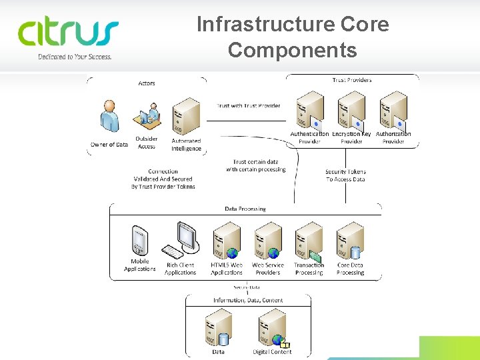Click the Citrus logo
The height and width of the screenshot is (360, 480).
point(68,33)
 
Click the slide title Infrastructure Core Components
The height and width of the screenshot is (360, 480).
point(293,37)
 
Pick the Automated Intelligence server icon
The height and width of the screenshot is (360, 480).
point(186,117)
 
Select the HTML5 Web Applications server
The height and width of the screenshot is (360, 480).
point(227,240)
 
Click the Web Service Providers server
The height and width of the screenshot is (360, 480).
point(268,240)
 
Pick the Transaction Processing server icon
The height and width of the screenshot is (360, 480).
point(309,240)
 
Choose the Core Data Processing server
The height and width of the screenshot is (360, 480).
point(350,240)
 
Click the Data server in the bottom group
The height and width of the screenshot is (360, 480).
point(218,327)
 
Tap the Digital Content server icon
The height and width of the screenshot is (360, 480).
point(272,327)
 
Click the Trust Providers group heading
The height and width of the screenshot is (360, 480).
point(351,80)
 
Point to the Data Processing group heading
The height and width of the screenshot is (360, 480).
point(245,209)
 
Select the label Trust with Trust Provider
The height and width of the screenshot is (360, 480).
point(249,105)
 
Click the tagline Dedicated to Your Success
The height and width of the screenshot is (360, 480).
point(75,57)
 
